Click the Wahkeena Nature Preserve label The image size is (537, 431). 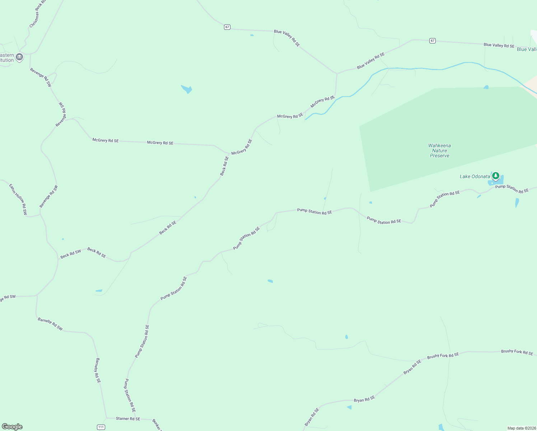click(x=439, y=150)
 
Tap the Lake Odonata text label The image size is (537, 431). click(x=475, y=176)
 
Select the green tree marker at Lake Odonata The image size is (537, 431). click(x=496, y=176)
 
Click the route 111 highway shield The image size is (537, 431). click(x=101, y=427)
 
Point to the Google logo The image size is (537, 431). click(x=12, y=427)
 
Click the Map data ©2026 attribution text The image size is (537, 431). click(x=521, y=428)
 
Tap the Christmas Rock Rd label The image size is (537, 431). click(x=38, y=14)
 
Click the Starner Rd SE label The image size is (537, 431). click(x=128, y=419)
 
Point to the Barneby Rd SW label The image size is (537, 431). click(x=50, y=324)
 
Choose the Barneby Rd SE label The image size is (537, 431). click(x=98, y=370)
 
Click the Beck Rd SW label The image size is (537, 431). click(x=71, y=254)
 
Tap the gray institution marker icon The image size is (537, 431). click(x=19, y=57)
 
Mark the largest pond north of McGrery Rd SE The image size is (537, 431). click(x=187, y=89)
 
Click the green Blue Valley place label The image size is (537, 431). click(x=527, y=50)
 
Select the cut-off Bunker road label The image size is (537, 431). click(x=157, y=425)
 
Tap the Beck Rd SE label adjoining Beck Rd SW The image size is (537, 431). click(x=97, y=252)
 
